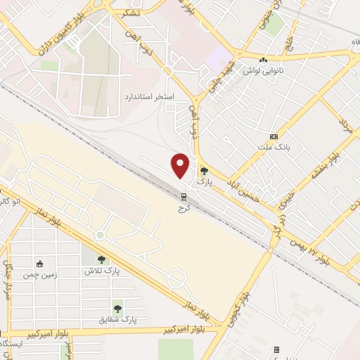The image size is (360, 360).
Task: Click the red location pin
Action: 181,166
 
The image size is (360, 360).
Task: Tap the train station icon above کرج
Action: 184,197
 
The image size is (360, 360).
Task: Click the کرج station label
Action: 184,209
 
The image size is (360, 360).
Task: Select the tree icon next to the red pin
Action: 204,171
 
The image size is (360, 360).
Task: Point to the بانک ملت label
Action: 274,146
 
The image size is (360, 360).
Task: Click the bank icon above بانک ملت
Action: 274,136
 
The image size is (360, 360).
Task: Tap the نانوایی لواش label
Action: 262,71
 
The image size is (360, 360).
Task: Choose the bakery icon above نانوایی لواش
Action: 263,61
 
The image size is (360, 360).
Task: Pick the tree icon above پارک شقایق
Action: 117,309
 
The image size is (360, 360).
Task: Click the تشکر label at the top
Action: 130,13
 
